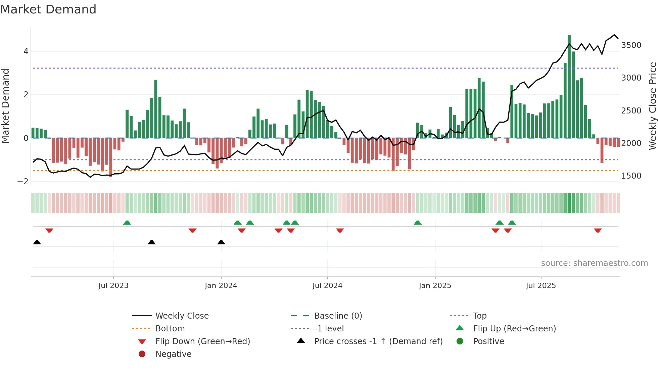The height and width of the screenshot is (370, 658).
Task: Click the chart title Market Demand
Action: tap(48, 9)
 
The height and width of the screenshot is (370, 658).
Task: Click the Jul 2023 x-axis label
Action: tap(113, 286)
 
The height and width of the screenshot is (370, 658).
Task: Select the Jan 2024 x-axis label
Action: tap(221, 286)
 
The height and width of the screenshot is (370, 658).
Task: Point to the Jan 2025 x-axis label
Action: tap(435, 286)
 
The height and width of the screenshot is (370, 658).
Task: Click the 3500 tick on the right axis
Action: tap(631, 45)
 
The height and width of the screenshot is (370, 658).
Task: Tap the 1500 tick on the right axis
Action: tap(631, 176)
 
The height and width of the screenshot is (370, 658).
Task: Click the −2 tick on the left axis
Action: tap(23, 182)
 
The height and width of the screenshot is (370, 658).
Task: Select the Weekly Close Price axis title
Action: tap(652, 106)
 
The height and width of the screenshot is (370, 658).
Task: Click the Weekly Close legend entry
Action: tap(182, 316)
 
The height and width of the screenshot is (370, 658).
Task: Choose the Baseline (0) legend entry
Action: tap(338, 316)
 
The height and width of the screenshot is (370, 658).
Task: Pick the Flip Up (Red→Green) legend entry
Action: tap(514, 329)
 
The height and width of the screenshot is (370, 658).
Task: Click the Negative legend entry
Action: tap(173, 354)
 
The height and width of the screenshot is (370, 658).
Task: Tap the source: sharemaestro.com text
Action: tap(594, 263)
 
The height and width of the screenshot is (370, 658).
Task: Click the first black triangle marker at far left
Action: tap(37, 242)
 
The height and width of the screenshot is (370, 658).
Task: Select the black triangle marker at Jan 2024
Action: tap(221, 242)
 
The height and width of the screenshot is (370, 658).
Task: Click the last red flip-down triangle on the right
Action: tap(598, 230)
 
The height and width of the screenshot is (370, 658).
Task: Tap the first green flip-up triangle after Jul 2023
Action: tap(127, 223)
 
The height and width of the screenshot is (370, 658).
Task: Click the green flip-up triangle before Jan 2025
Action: tap(417, 223)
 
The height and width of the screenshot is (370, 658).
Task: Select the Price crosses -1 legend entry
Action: tap(378, 341)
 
